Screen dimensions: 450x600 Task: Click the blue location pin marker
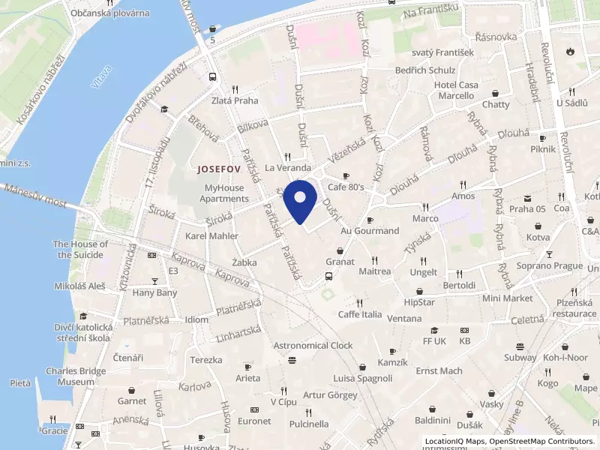point(300,201)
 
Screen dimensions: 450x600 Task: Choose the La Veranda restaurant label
point(288,168)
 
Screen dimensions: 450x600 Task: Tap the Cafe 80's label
point(346,187)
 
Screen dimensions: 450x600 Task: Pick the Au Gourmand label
point(370,231)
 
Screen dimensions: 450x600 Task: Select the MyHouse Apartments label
point(224,193)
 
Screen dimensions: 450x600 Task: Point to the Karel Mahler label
point(211,236)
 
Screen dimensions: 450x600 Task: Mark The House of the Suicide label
point(80,249)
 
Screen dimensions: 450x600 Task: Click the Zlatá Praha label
point(235,100)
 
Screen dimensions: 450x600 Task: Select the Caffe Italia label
point(360,314)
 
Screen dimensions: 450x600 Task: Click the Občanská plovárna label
point(110,13)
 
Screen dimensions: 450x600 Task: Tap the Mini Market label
point(507,298)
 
